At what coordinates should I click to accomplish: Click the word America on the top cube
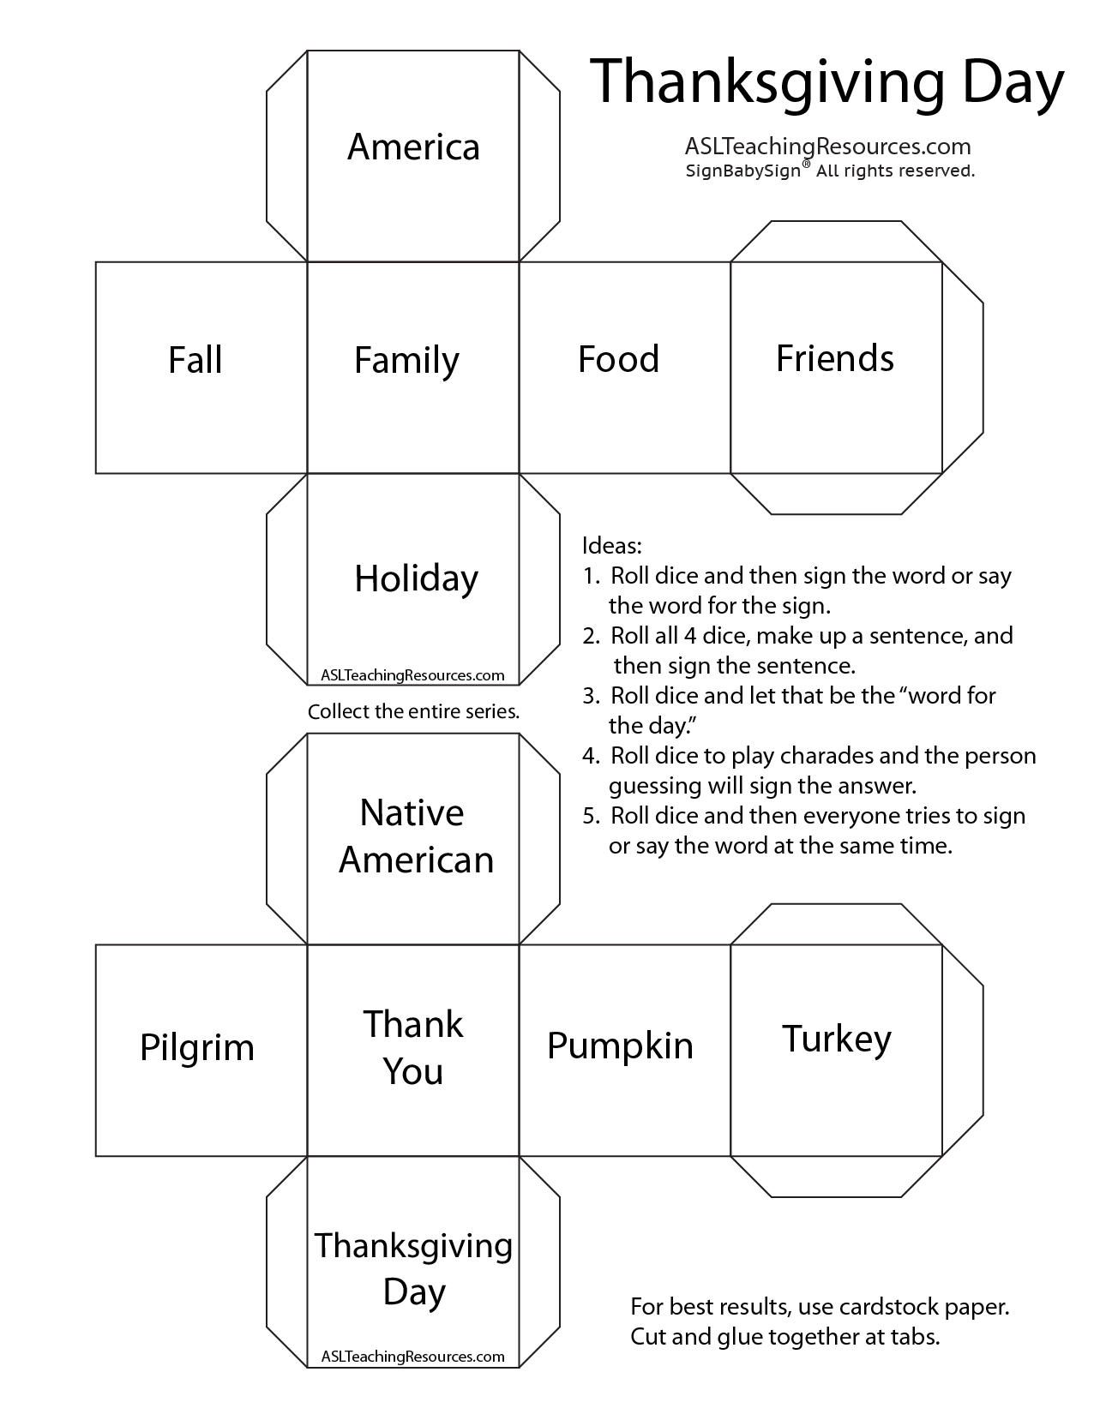(413, 147)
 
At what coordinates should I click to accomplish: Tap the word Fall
(195, 359)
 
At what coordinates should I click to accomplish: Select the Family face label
(406, 360)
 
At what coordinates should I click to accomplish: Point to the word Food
(618, 359)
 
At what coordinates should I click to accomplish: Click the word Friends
(834, 358)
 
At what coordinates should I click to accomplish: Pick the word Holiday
(416, 578)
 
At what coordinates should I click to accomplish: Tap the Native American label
(416, 836)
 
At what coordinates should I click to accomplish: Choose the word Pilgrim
(197, 1047)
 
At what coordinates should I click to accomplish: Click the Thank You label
(413, 1047)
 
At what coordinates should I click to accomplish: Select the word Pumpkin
(620, 1046)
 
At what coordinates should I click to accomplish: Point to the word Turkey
(836, 1039)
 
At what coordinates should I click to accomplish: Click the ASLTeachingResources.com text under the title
(827, 147)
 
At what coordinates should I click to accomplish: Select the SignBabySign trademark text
(742, 171)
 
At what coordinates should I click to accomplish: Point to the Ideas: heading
(611, 545)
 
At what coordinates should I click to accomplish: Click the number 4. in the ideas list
(591, 756)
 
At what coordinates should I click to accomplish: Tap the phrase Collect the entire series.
(413, 711)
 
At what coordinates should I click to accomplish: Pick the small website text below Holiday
(412, 674)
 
